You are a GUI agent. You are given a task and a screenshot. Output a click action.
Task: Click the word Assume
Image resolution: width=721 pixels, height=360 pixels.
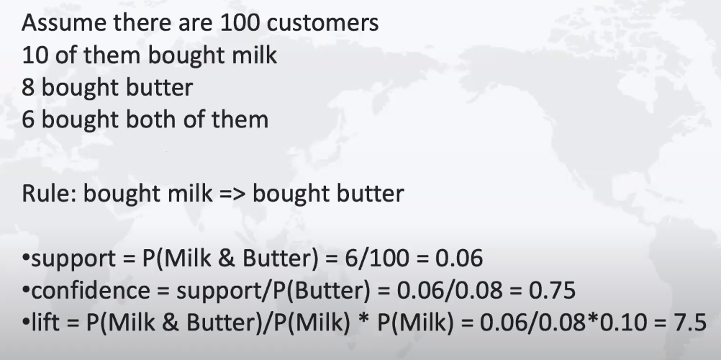pos(63,22)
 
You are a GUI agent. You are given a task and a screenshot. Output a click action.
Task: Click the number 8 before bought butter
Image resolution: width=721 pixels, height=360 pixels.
pos(27,87)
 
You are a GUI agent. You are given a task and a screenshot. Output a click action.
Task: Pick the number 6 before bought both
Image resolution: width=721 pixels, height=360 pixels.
pos(27,120)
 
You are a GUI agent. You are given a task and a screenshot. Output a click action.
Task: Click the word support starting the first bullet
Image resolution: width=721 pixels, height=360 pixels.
pos(73,258)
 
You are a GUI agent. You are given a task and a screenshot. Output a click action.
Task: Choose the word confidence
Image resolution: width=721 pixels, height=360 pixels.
pos(91,290)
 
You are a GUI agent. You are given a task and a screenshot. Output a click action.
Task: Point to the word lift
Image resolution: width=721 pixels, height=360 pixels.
pos(45,323)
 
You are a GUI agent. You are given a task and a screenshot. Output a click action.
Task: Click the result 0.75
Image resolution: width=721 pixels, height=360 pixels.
pos(552,290)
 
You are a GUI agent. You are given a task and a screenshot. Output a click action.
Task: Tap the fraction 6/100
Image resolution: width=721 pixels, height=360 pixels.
pos(376,258)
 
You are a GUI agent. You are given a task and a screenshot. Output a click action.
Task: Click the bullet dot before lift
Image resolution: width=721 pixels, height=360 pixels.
pos(26,323)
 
